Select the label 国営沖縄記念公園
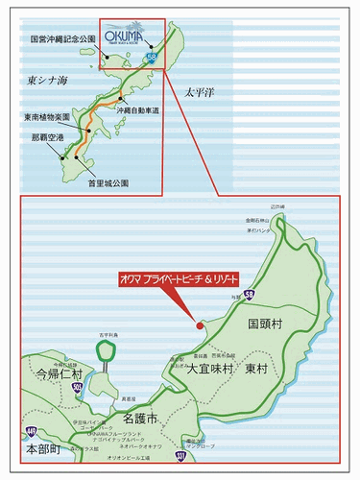coord(65,40)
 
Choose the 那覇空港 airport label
coord(47,137)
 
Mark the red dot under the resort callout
coord(200,325)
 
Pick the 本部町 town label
coord(43,448)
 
